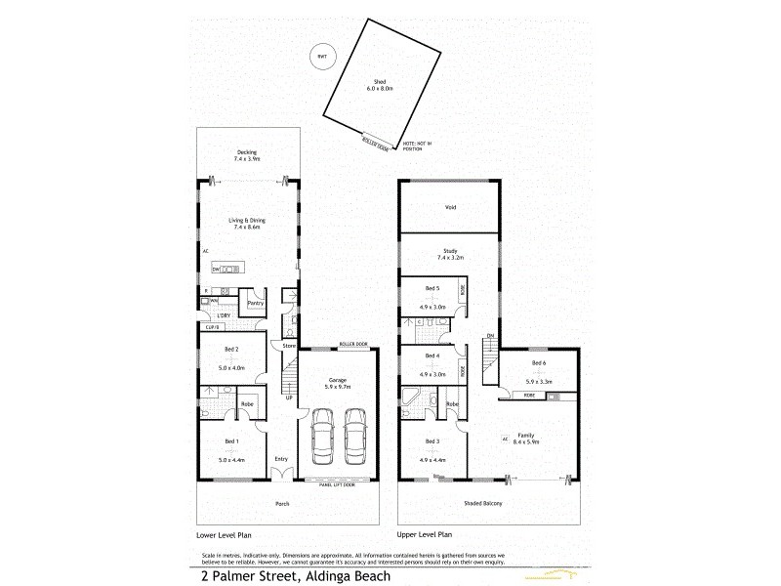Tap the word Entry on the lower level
[x=281, y=459]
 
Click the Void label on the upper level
[x=450, y=207]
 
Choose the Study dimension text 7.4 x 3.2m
[x=450, y=258]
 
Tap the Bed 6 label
[x=539, y=361]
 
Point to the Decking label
[x=247, y=151]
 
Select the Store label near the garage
[x=289, y=346]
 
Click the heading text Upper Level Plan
[x=425, y=536]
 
